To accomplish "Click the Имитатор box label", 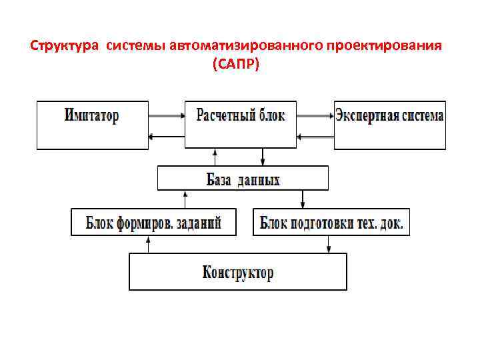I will pos(92,115).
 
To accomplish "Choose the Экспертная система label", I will pos(389,115).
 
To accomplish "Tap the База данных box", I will pos(243,179).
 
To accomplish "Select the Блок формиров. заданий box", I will pos(154,222).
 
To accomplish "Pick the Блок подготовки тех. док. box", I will pos(331,222).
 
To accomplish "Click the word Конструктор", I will pos(238,273).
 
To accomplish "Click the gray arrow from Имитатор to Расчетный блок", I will pos(166,115).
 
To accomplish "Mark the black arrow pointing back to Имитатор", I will pos(166,137).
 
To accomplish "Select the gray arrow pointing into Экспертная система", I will pos(315,115).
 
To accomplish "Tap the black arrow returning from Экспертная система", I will pos(315,137).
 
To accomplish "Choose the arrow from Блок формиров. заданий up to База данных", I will pos(185,199).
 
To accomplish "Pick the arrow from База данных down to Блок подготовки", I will pos(303,199).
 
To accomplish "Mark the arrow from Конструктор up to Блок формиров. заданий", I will pos(149,244).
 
